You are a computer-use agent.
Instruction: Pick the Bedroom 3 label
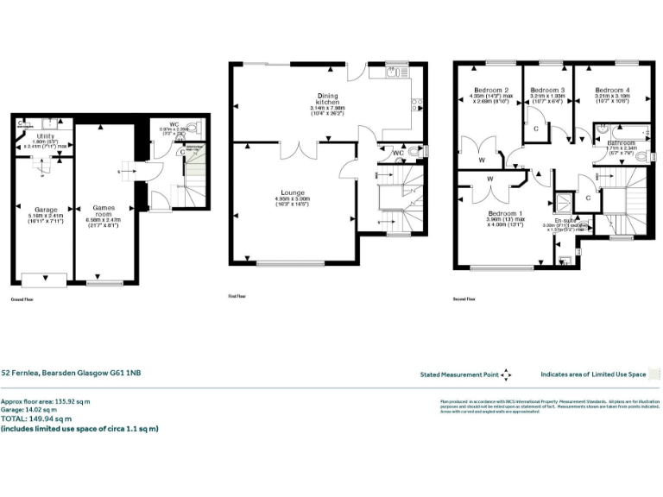[547, 90]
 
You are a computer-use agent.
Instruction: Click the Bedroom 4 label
[612, 90]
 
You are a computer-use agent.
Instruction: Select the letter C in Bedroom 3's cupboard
[536, 129]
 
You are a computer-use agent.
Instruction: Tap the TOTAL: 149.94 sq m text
[41, 418]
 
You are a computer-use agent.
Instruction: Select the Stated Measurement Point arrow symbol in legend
[506, 374]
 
